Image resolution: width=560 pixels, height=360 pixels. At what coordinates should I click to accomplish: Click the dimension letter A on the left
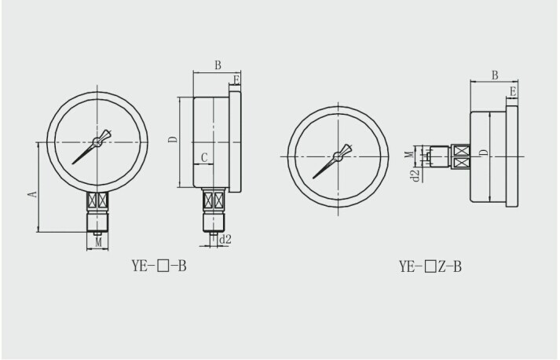click(33, 194)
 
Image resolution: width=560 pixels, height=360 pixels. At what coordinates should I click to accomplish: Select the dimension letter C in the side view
click(204, 157)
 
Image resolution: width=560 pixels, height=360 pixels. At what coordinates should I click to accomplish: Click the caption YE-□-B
click(159, 266)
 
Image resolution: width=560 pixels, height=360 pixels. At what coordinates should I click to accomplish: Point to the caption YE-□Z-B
click(430, 266)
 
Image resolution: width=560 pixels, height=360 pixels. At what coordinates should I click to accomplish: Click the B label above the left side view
click(218, 65)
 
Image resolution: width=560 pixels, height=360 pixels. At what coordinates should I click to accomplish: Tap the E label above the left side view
click(236, 79)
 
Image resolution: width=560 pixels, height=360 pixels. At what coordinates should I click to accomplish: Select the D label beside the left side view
click(173, 139)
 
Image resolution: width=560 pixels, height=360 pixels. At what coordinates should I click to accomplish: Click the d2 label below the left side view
click(225, 239)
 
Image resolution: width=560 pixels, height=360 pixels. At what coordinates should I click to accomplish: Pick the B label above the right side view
click(495, 75)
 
